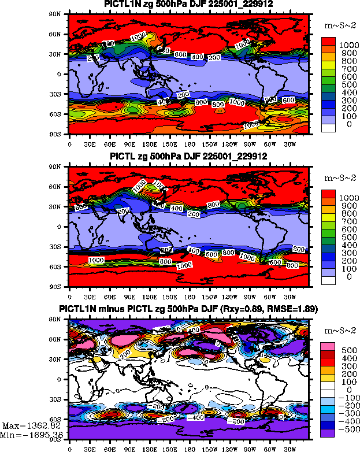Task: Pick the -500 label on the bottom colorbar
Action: click(x=350, y=431)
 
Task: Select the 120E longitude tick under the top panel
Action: click(x=149, y=143)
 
